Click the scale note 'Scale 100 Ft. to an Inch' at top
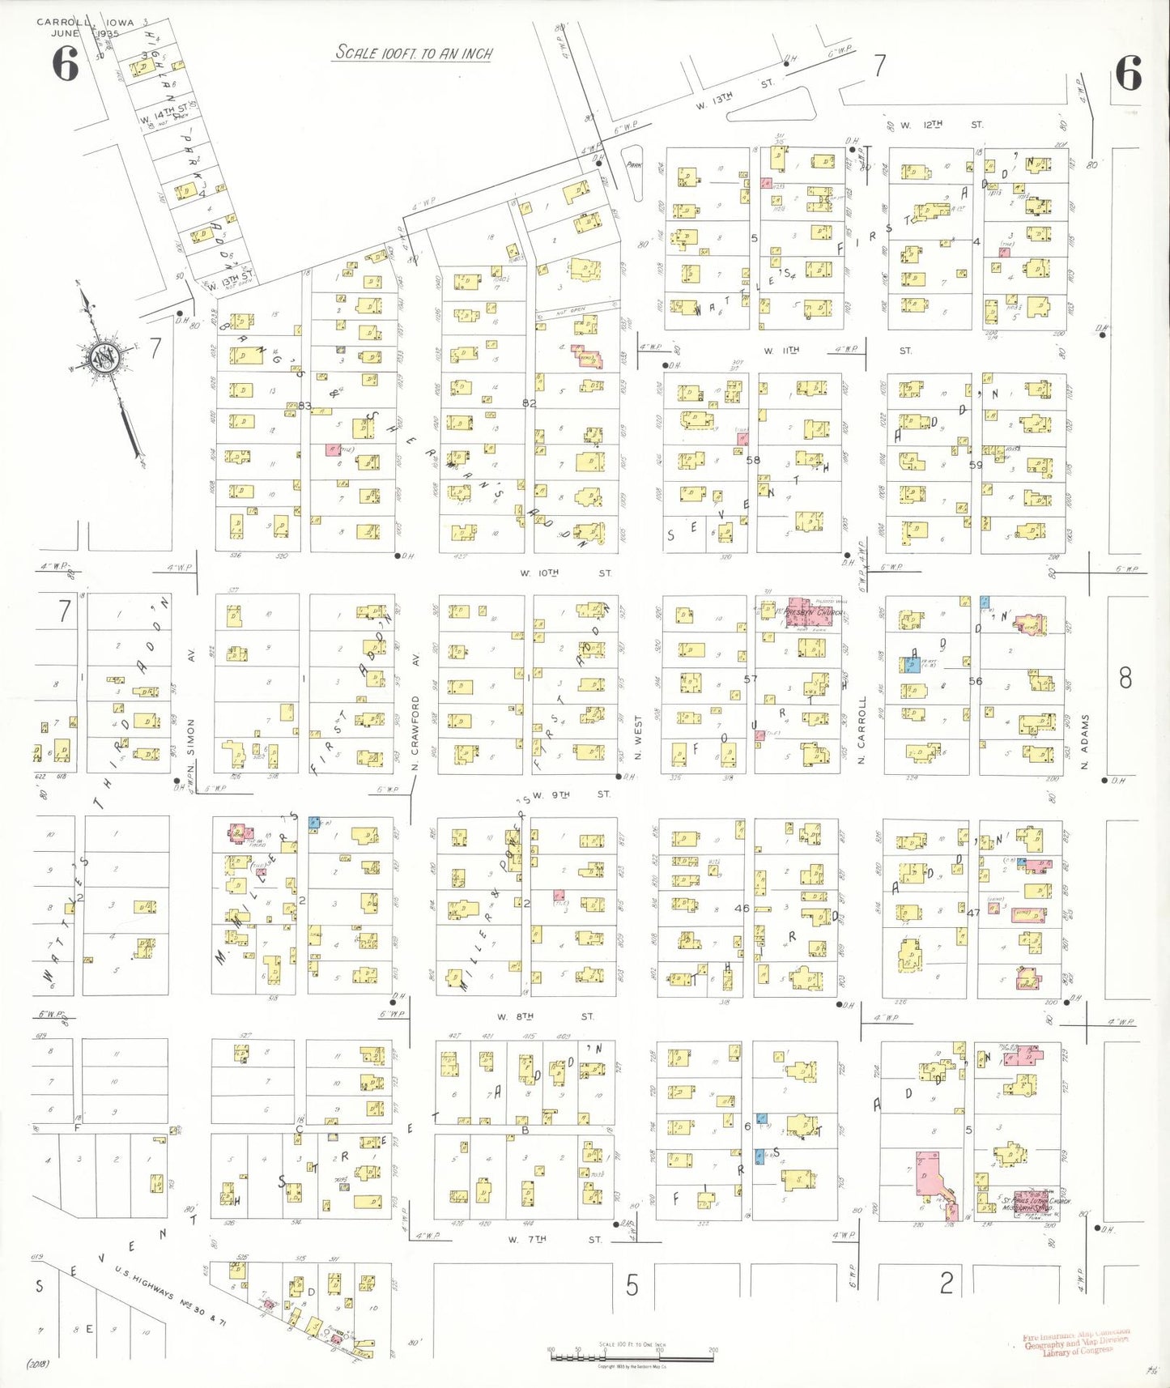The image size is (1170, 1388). pos(414,53)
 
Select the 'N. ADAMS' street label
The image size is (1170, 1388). pos(1085,742)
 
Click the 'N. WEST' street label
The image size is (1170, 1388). pos(638,737)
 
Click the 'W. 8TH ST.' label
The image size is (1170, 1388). pos(544,1016)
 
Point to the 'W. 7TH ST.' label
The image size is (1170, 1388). pos(554,1239)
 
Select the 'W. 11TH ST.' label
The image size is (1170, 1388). pos(834,351)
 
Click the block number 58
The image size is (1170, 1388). pos(753,460)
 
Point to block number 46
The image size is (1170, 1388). pos(742,909)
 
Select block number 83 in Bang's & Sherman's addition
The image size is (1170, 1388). pos(304,406)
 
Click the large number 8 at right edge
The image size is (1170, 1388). pos(1125,679)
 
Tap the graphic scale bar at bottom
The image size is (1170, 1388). pos(619,1356)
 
